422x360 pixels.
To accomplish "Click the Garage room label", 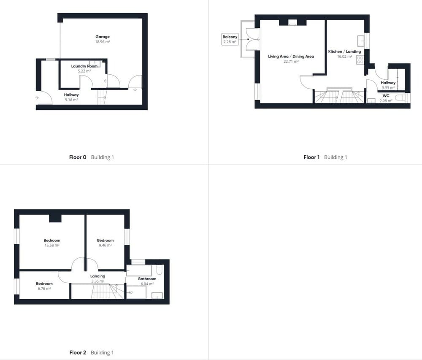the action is (x=103, y=37).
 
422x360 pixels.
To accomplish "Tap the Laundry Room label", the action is (x=84, y=66).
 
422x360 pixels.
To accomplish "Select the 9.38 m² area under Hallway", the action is (x=71, y=100).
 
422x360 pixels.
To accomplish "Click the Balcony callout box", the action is (x=230, y=39).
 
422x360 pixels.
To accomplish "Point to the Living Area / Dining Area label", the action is (x=291, y=57).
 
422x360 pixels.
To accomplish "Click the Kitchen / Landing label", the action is (x=344, y=51).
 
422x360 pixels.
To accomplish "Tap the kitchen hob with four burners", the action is (x=360, y=60).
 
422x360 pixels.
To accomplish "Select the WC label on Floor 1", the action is (x=386, y=96).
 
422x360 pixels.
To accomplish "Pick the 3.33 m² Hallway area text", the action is (x=388, y=88).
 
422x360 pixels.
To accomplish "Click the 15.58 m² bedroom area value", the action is (x=52, y=245).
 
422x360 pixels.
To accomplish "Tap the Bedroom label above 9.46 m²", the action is (x=105, y=240).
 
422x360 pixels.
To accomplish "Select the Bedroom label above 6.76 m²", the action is (x=44, y=284).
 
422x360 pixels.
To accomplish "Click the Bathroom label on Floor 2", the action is (x=147, y=279).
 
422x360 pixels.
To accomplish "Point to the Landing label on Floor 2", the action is (x=98, y=276).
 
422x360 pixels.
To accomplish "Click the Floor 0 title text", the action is (x=78, y=157).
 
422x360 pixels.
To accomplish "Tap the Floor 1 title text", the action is (x=311, y=157).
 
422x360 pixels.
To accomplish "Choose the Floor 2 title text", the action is (x=78, y=352).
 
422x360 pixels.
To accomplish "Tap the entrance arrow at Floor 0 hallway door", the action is (x=37, y=98).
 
